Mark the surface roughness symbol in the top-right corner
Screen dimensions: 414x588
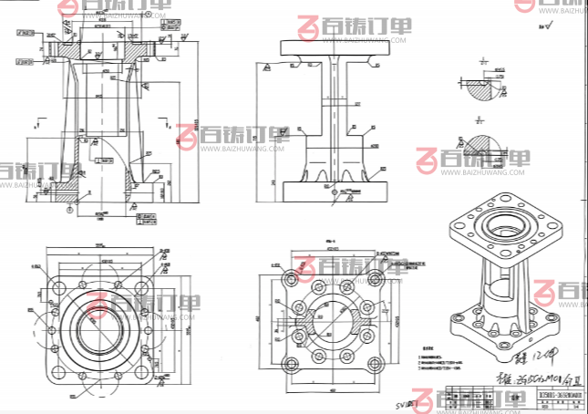click(x=546, y=27)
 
